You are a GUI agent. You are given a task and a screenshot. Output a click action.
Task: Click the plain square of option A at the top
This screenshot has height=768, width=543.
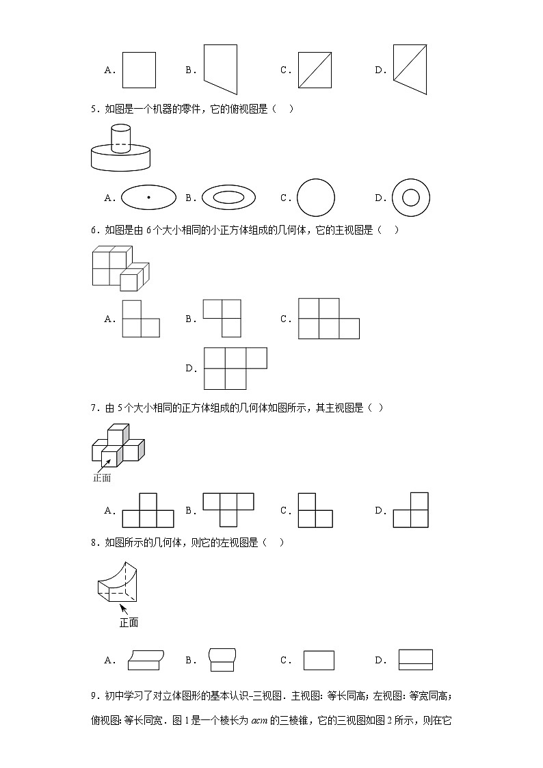pos(139,70)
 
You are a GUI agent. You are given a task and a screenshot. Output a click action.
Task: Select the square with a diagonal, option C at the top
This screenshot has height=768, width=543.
pos(315,70)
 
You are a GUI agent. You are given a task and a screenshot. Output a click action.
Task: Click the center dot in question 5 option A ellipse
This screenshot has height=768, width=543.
pos(148,198)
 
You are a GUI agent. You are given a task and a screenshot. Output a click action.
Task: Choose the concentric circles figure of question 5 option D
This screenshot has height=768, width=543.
pos(410,198)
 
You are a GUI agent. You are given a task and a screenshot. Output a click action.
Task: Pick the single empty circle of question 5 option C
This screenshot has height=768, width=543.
pos(316,198)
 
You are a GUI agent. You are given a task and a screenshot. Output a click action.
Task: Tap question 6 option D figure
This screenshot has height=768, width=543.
pos(235,368)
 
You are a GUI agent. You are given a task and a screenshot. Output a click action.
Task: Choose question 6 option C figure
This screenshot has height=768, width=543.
pos(328,319)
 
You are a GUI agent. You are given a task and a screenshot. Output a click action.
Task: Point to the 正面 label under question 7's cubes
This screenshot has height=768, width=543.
pos(102,478)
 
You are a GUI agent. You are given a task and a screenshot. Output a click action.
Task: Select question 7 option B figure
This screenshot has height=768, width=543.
pos(228,510)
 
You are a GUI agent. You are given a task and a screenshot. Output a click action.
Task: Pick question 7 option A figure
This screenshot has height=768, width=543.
pos(148,510)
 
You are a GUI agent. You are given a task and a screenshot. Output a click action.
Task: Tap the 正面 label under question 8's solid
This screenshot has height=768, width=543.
pos(129,622)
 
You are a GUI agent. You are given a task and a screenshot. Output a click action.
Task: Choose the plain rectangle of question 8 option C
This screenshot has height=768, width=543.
pos(319,660)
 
